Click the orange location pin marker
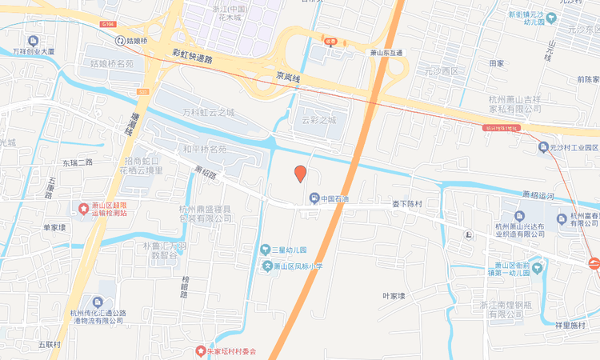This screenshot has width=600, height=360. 300,174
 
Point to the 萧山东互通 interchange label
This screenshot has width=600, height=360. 387,53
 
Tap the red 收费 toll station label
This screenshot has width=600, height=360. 330,42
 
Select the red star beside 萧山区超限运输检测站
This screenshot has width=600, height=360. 83,209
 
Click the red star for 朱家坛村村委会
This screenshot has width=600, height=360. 200,350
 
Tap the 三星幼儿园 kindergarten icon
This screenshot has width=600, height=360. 266,250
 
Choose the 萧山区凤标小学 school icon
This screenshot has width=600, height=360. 268,266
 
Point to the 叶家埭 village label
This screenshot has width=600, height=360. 394,296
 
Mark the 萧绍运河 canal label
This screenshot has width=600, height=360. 538,194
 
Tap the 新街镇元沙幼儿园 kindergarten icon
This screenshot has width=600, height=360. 540,14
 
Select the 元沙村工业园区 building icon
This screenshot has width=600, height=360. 542,147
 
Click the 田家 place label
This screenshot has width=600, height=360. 496,63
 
